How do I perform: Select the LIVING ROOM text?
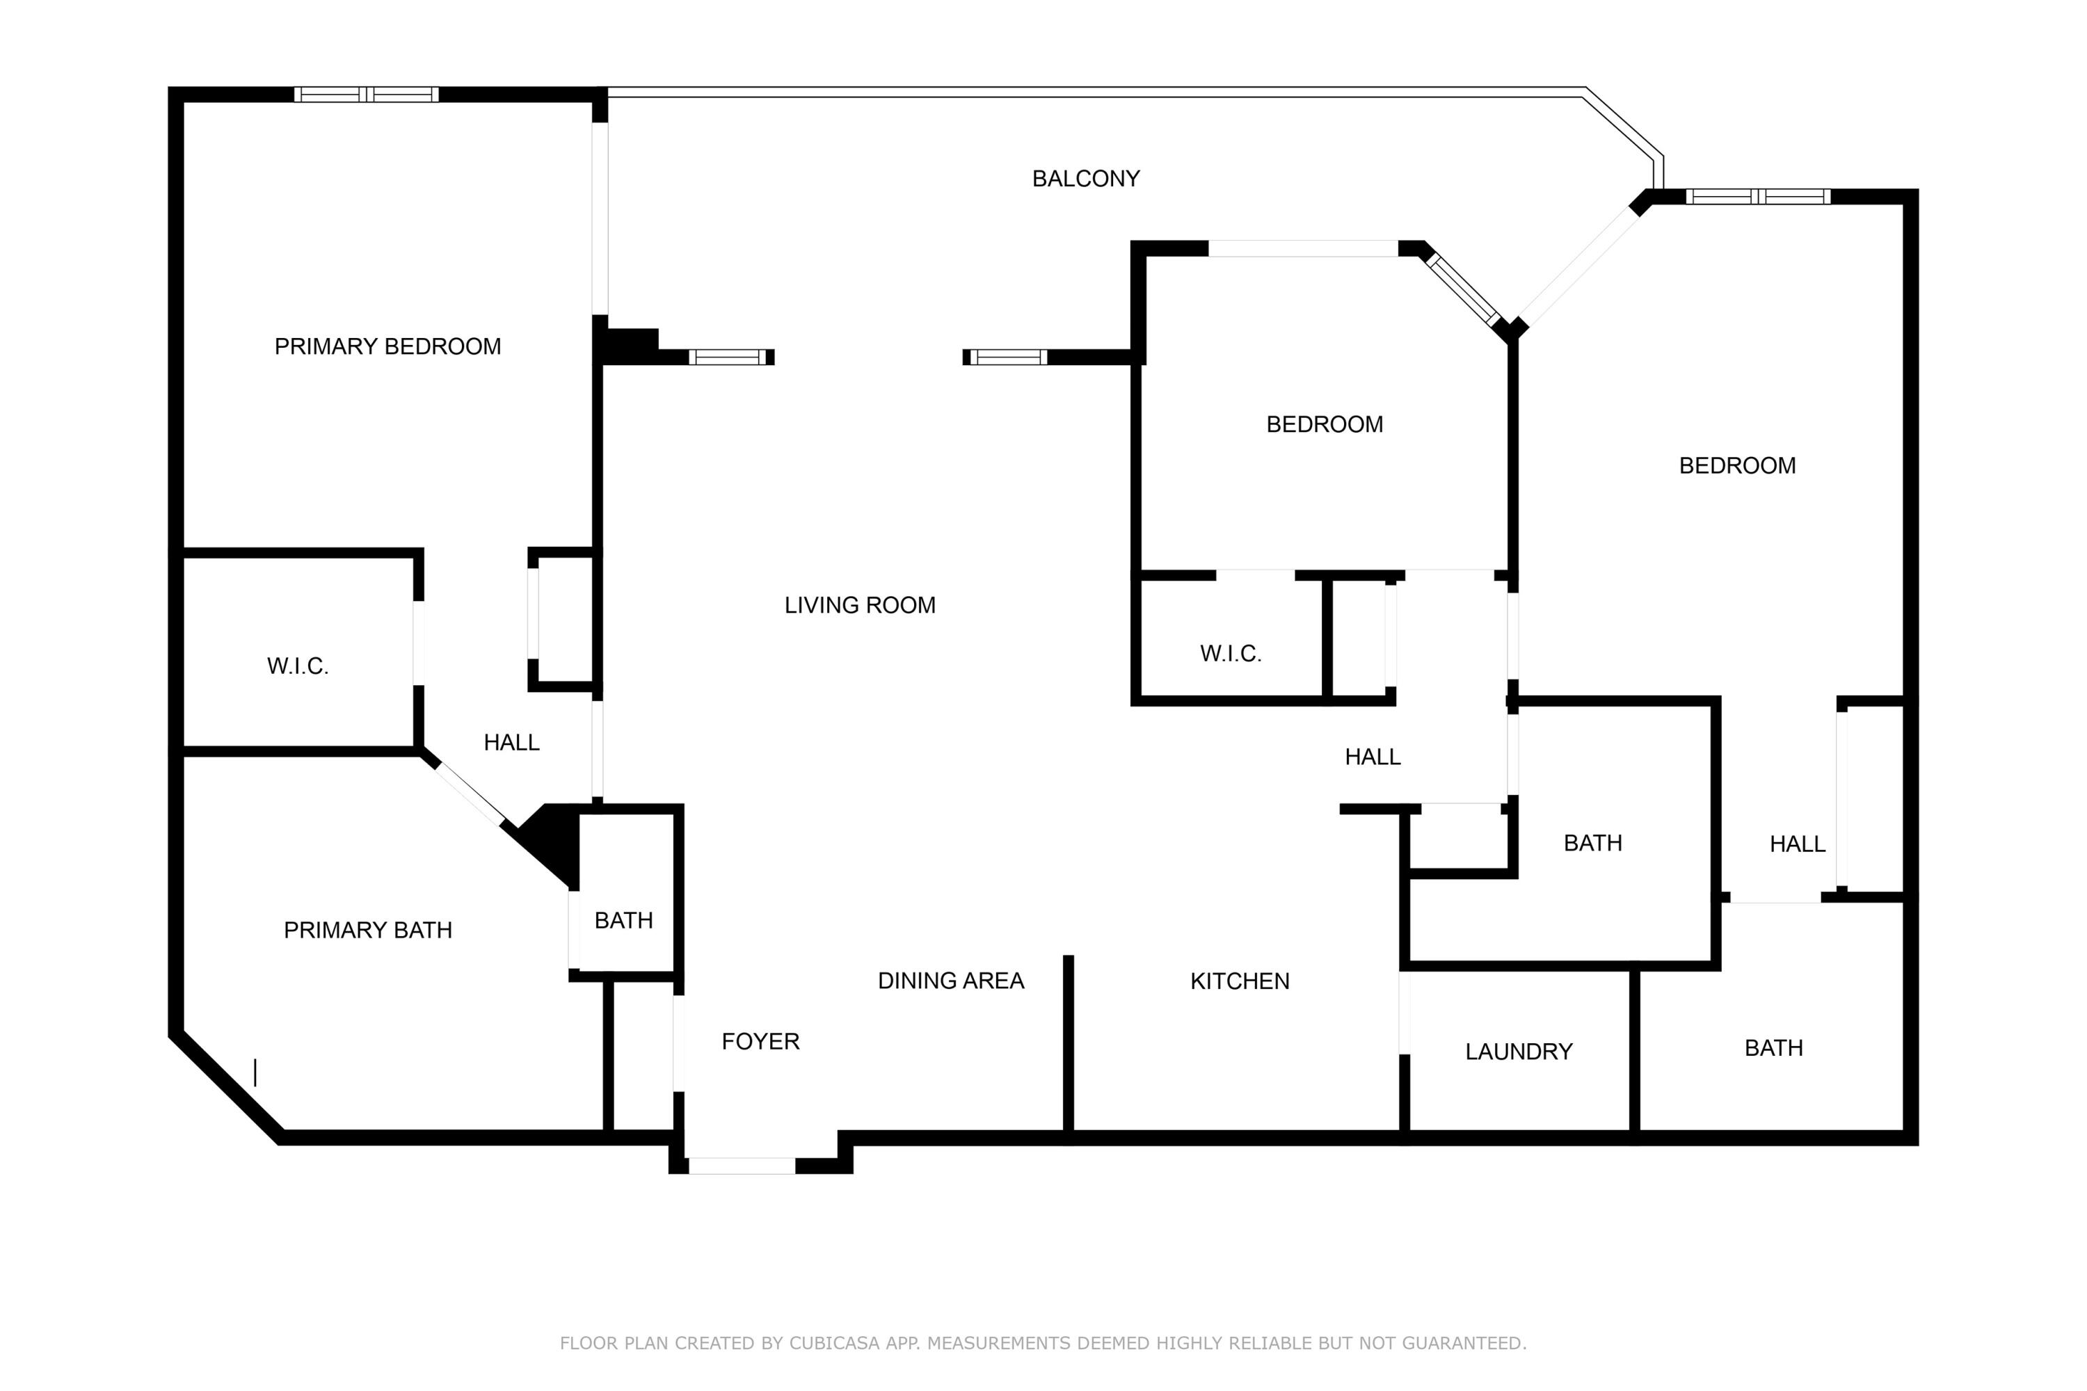point(859,605)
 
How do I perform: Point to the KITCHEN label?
point(1239,981)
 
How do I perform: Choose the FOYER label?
point(760,1041)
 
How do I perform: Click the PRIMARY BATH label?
point(367,930)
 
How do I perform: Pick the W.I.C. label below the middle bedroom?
point(1230,654)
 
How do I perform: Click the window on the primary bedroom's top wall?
point(366,94)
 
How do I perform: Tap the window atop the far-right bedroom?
point(1757,196)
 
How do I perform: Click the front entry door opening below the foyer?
point(741,1166)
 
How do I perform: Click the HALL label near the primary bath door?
point(511,743)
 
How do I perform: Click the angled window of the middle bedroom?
point(1462,290)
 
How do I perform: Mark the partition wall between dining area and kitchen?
point(1069,1047)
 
